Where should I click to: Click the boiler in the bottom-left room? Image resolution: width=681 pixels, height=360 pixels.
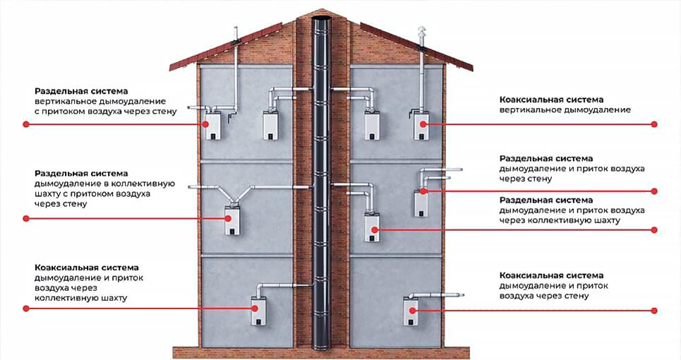point(259,311)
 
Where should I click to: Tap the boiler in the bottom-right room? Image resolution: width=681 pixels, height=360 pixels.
point(411,311)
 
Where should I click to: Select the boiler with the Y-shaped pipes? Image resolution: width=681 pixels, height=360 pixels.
point(232,221)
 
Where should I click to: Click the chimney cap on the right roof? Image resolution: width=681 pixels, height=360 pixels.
point(421,33)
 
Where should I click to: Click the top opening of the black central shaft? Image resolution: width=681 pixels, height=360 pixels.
point(323,18)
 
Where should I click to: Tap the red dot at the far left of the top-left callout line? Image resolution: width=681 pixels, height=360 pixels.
point(26,124)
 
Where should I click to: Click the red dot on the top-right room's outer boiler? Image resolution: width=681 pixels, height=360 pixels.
point(423,124)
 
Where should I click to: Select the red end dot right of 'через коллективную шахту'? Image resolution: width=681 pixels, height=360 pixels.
point(654,229)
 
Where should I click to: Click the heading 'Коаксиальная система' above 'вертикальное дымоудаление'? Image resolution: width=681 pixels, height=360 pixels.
point(551,100)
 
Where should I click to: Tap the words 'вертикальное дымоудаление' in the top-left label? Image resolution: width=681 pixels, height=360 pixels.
point(100,102)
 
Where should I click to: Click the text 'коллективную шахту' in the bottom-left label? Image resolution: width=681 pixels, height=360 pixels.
point(80,299)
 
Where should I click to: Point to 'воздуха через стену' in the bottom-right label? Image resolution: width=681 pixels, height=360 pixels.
point(544,296)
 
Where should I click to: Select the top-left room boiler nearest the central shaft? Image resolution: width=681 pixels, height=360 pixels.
point(270,126)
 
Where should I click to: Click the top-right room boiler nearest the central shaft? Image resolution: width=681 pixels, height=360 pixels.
point(372,126)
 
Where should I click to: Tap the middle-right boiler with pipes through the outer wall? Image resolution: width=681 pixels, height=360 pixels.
point(421,203)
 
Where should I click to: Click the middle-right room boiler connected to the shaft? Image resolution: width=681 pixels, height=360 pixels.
point(372,227)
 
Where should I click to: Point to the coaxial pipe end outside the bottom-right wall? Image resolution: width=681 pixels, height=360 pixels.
point(460,295)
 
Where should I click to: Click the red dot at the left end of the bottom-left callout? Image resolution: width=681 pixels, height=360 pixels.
point(26,308)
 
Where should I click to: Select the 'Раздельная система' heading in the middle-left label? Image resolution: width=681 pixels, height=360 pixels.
point(81,174)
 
